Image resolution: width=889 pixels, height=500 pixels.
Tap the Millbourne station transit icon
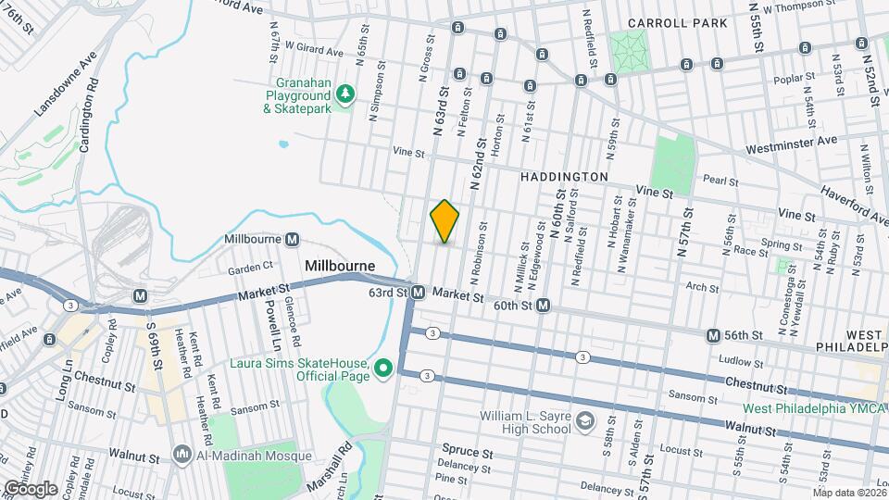tap(293, 240)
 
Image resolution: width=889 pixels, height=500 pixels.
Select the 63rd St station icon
tap(418, 293)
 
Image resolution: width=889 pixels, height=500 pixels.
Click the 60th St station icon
tap(544, 305)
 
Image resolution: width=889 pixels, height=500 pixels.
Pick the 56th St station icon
tap(713, 334)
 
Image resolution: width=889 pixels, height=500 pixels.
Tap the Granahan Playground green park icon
tap(345, 94)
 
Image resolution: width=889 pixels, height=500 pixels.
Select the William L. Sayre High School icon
tap(584, 422)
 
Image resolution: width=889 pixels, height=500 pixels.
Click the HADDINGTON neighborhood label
tap(564, 176)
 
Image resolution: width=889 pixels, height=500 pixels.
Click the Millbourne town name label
tap(340, 266)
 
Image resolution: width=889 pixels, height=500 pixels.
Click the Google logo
tap(30, 488)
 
